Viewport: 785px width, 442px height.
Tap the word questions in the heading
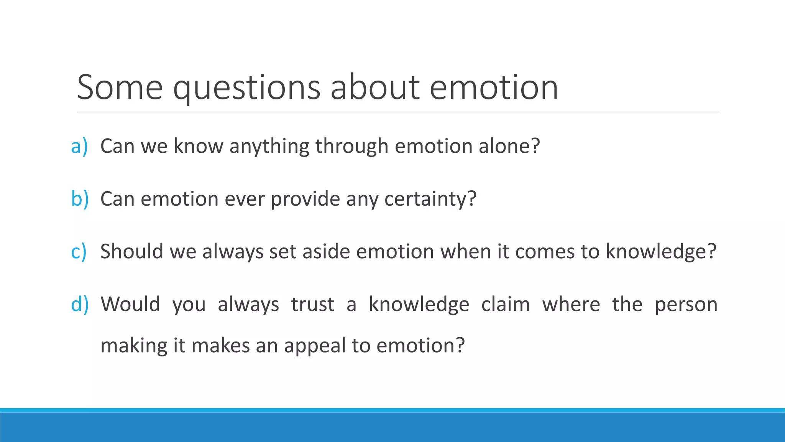click(x=246, y=88)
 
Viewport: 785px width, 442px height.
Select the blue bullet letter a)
click(x=79, y=146)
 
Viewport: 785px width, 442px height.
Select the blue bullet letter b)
click(x=80, y=199)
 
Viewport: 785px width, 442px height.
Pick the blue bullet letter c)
click(x=79, y=252)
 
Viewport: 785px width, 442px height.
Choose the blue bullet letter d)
click(x=80, y=304)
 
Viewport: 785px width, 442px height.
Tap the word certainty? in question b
click(x=430, y=199)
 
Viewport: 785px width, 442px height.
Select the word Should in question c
click(x=131, y=252)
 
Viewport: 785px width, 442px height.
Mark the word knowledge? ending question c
click(x=661, y=252)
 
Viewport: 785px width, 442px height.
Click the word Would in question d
click(x=130, y=304)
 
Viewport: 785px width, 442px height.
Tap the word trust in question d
click(x=312, y=304)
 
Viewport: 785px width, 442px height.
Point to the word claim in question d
click(x=506, y=304)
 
